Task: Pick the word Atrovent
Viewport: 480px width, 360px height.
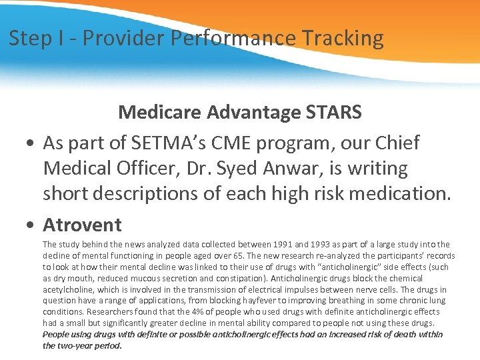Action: tap(82, 225)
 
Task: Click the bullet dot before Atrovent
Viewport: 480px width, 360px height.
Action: tap(31, 225)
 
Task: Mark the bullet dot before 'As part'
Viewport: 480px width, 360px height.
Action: tap(31, 143)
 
